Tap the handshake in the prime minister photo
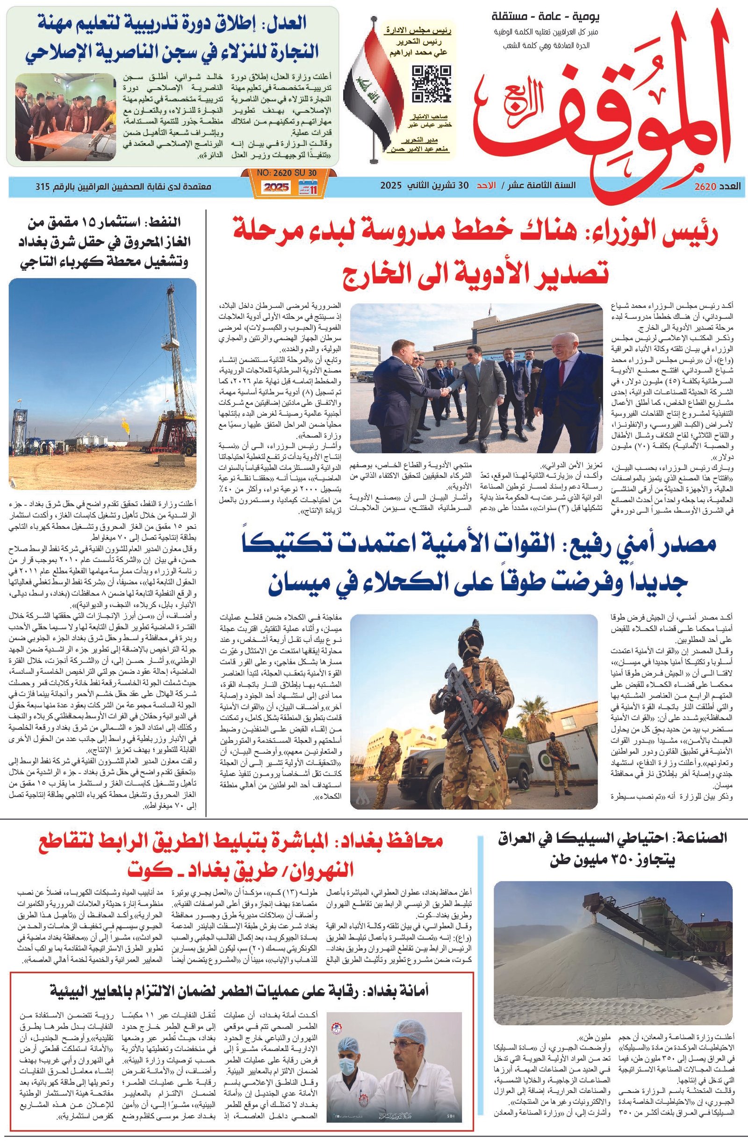point(446,392)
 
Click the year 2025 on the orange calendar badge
point(275,187)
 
